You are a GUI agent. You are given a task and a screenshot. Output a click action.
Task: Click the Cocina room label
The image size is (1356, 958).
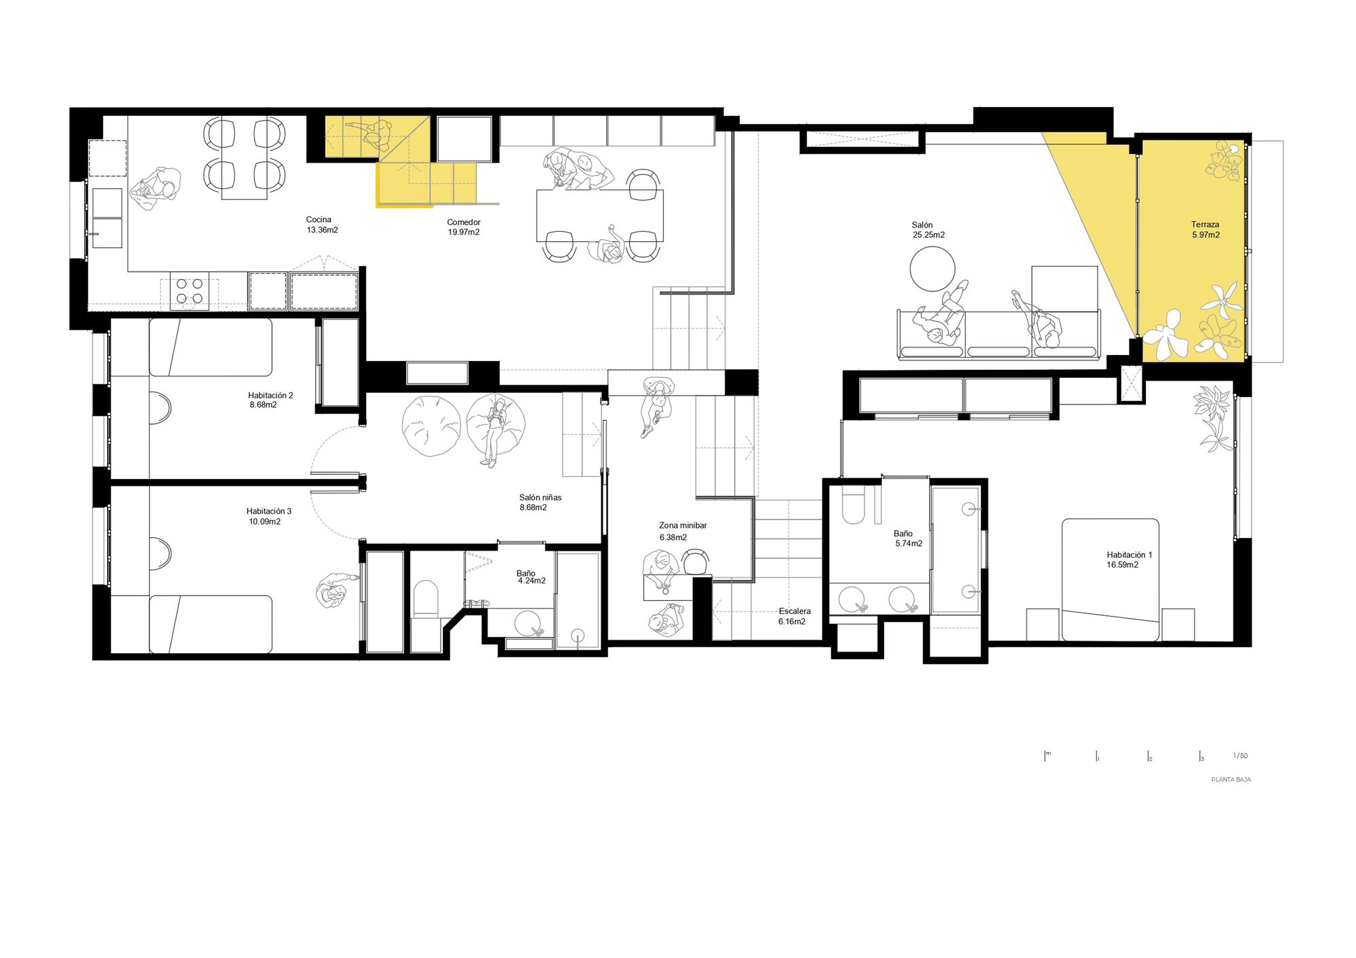click(319, 220)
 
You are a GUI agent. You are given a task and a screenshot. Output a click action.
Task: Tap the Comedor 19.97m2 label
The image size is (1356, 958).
click(464, 228)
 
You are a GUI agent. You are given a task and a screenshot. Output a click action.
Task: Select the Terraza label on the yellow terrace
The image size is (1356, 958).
click(1205, 225)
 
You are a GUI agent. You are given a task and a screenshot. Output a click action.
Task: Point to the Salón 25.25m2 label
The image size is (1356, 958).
click(928, 230)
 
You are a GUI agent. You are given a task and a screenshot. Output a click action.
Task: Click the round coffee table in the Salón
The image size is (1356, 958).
click(932, 269)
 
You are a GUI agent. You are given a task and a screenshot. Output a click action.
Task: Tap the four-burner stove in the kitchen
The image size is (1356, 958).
click(190, 291)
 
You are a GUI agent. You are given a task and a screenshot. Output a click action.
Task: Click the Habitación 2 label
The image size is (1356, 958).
click(270, 396)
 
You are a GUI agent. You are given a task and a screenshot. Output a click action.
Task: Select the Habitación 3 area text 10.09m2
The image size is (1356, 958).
click(264, 522)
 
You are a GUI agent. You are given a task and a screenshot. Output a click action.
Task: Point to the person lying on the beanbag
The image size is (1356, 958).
click(496, 430)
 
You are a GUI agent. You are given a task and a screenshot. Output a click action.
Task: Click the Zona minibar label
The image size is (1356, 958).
click(683, 526)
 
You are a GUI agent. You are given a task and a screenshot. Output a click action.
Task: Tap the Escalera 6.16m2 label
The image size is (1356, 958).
click(793, 616)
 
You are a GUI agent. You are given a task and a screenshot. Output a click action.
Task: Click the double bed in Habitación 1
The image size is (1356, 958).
click(1110, 579)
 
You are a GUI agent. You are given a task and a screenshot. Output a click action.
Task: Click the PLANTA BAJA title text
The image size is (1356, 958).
click(1231, 780)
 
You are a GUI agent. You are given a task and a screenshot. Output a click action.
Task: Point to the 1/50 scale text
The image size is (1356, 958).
click(1240, 756)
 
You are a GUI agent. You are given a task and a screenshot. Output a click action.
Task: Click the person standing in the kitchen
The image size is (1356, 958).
click(157, 189)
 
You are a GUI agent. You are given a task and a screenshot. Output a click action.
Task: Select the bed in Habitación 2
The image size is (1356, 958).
click(210, 348)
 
